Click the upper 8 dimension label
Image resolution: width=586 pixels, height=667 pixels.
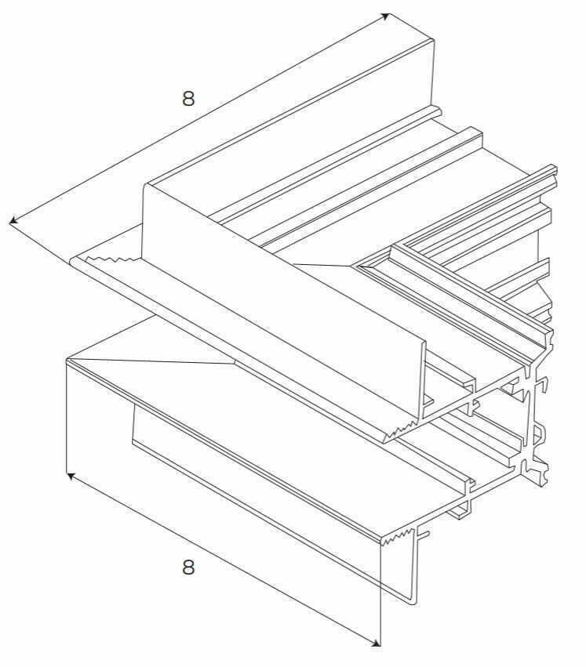pos(188,98)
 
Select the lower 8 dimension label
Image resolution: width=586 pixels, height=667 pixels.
pos(188,567)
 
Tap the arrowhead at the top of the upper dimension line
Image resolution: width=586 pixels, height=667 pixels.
pos(385,16)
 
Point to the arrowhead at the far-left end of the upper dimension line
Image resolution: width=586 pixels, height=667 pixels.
pos(14,220)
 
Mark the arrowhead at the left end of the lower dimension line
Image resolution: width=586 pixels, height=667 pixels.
pos(73,476)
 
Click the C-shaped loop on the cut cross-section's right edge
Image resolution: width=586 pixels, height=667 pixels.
pos(539,434)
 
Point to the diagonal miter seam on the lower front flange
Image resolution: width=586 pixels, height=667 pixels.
pos(151,361)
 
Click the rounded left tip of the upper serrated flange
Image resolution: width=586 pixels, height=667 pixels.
pos(73,261)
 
